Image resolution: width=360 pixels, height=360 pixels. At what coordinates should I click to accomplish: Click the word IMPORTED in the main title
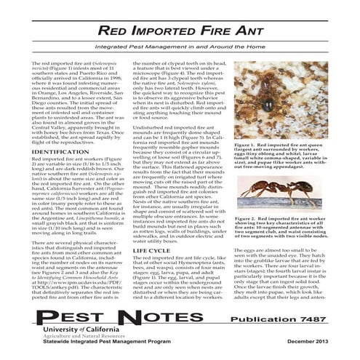161,31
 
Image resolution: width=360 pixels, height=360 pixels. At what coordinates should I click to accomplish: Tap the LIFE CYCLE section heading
155,249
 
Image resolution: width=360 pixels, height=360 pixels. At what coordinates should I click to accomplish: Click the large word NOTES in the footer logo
175,316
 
